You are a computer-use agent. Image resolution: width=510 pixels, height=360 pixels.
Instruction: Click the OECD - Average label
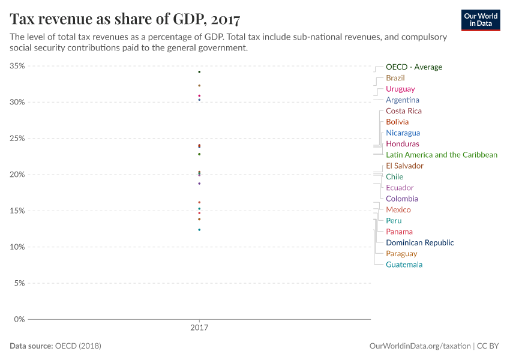point(413,67)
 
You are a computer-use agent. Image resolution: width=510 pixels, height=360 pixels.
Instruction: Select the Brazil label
point(395,78)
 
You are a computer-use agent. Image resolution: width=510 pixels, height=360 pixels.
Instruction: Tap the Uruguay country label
point(400,89)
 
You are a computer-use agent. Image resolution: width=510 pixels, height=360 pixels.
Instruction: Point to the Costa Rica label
point(403,111)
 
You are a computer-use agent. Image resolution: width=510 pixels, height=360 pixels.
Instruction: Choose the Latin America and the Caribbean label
point(441,155)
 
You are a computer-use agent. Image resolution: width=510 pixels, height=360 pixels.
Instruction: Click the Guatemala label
point(404,265)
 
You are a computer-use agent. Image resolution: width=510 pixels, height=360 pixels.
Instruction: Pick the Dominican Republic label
point(419,243)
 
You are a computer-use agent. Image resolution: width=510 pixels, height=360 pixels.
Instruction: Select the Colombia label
point(401,199)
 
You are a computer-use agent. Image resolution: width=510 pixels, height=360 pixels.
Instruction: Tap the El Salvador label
point(404,166)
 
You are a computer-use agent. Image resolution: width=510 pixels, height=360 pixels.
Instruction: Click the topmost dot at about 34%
point(199,72)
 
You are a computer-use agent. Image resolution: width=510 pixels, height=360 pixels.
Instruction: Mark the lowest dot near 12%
point(199,230)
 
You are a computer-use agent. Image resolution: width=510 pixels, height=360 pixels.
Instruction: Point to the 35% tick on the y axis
point(17,66)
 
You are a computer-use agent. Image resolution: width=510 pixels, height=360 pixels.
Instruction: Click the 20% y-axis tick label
point(17,175)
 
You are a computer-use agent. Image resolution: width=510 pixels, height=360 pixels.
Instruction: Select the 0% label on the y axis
point(19,319)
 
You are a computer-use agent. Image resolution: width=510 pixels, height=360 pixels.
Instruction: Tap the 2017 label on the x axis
point(199,328)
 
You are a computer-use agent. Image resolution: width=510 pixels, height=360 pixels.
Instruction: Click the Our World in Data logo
point(481,20)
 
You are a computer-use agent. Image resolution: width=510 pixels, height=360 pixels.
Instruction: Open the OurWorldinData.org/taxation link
point(419,346)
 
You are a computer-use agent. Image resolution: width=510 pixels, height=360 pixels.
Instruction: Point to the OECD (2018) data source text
point(77,346)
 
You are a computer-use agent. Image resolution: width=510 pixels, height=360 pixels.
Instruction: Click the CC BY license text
point(489,346)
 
